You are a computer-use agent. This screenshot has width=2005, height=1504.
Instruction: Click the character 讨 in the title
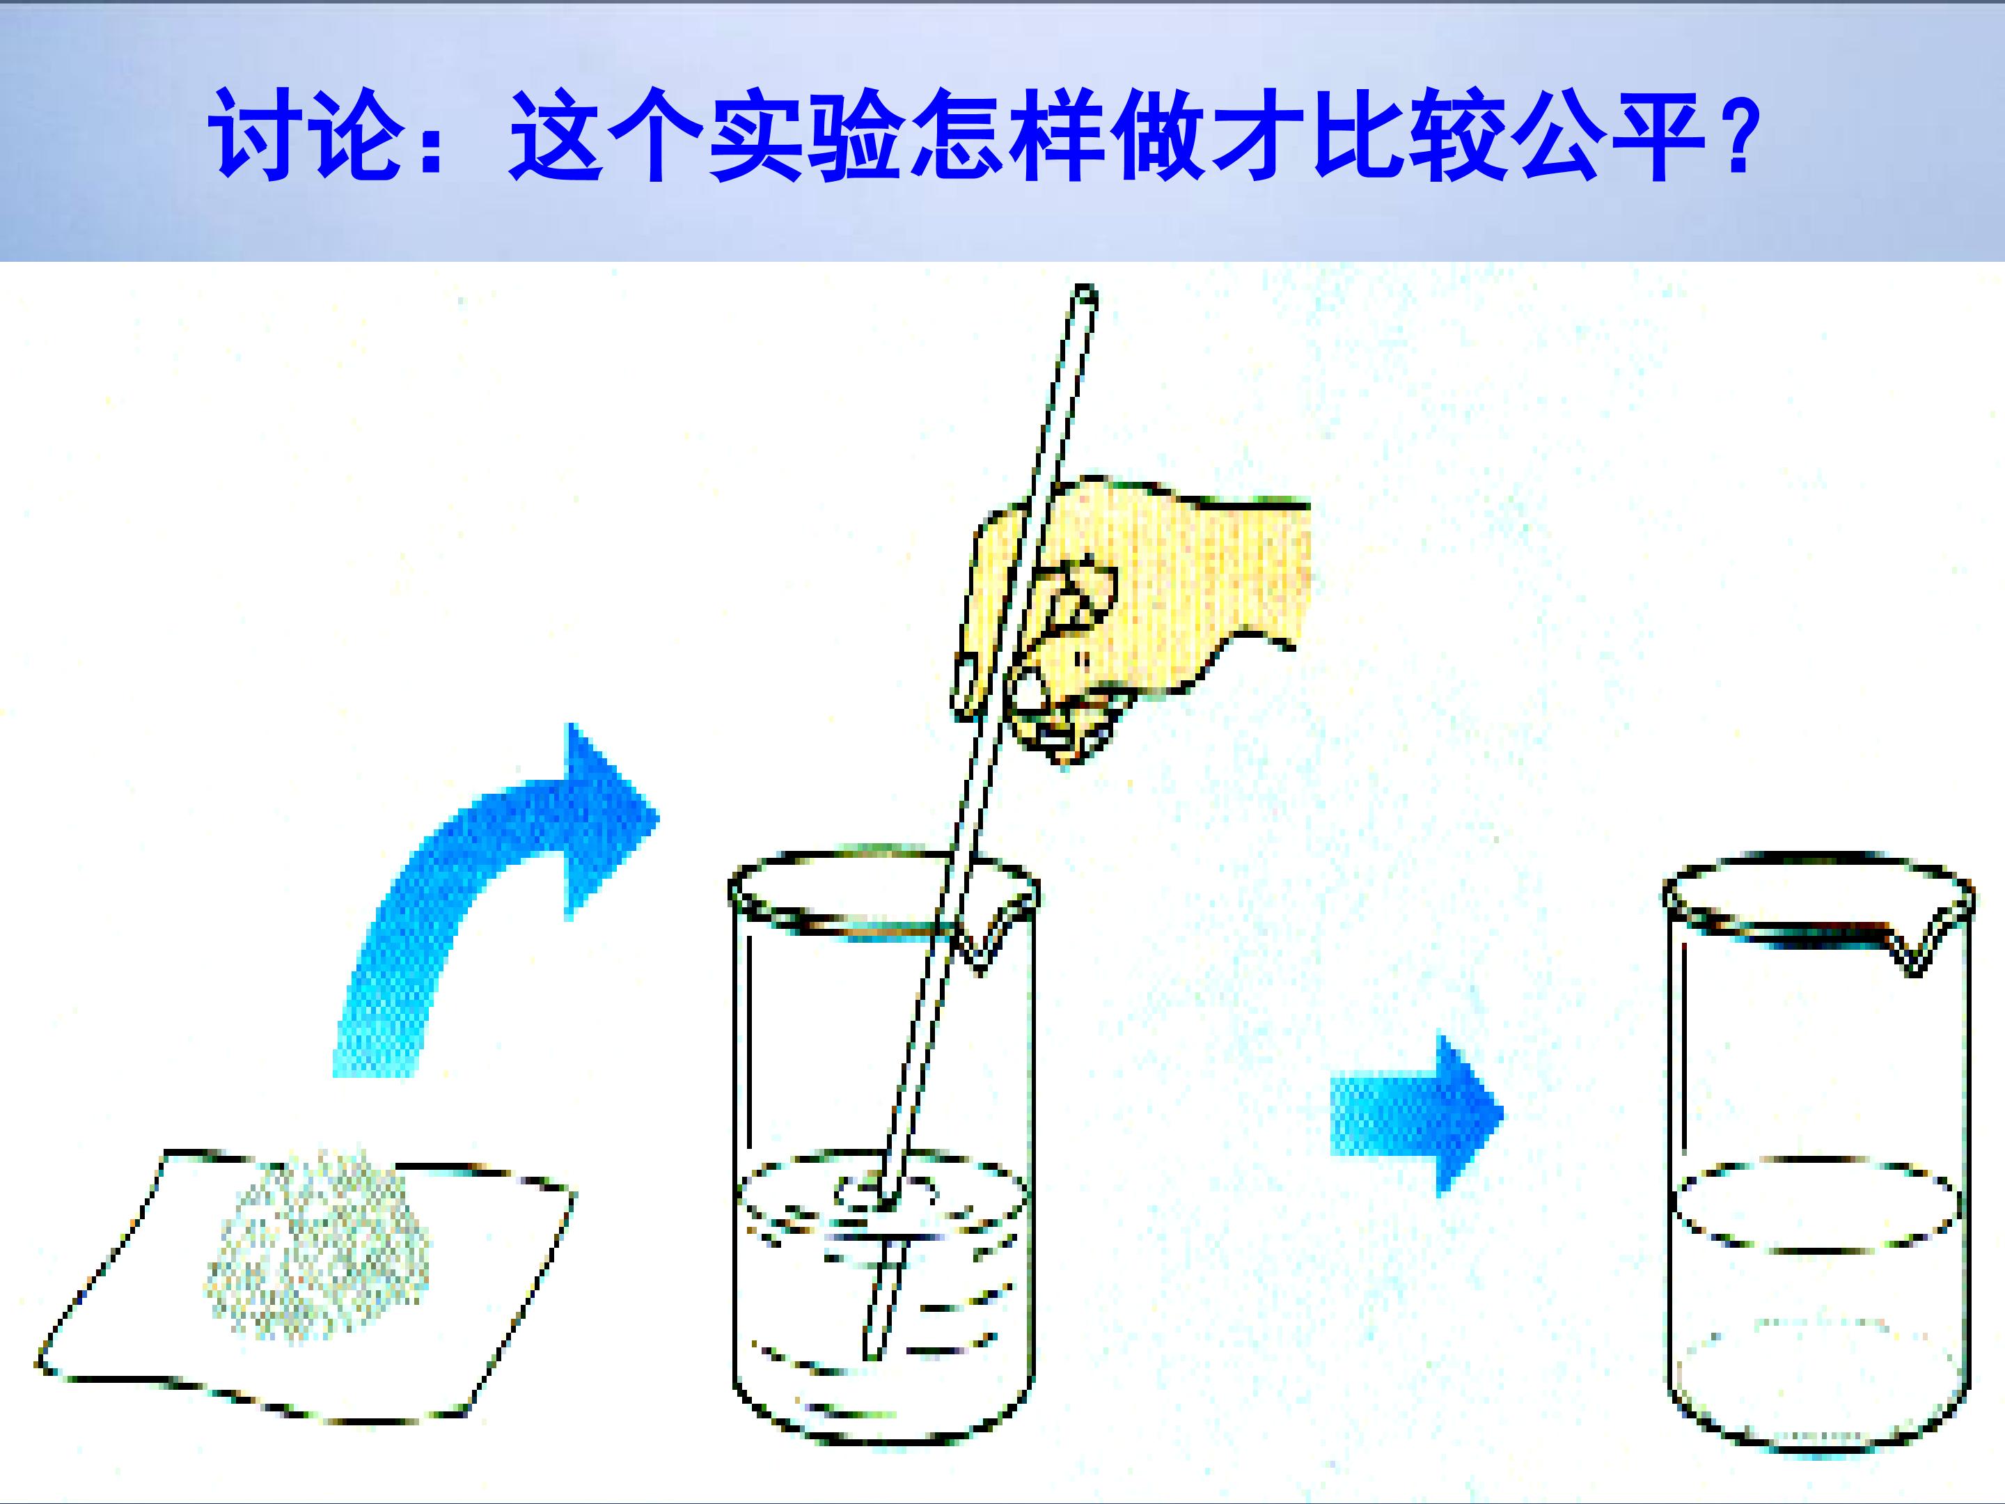click(258, 134)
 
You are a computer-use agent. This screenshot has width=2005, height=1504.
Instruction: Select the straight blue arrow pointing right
click(1416, 1114)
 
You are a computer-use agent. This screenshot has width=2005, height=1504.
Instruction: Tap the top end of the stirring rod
click(1085, 294)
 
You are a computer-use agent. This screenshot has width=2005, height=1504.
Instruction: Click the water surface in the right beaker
click(1815, 1204)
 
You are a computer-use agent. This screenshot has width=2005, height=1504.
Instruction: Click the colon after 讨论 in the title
click(430, 136)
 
